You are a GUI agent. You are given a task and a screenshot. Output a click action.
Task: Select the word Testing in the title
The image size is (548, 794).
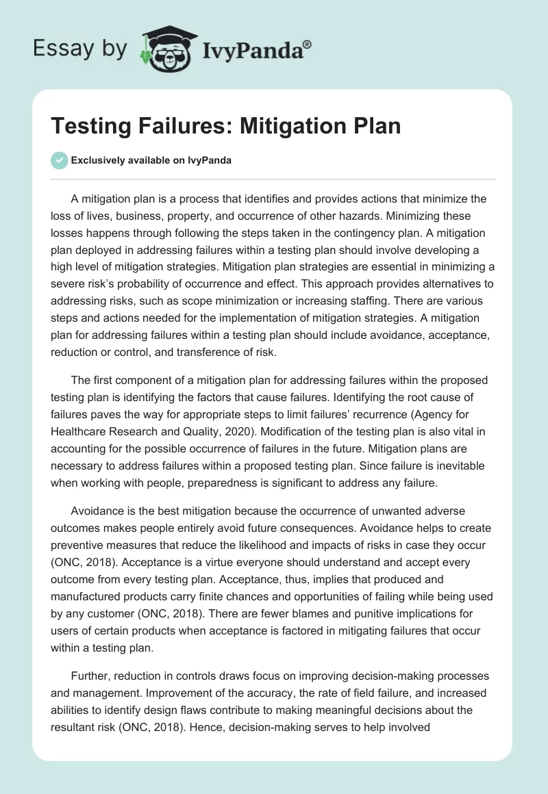[x=99, y=127]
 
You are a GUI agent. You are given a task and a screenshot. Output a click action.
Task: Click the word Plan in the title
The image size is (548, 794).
[x=373, y=127]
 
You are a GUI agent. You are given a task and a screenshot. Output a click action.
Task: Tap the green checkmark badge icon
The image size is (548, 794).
[x=60, y=161]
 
